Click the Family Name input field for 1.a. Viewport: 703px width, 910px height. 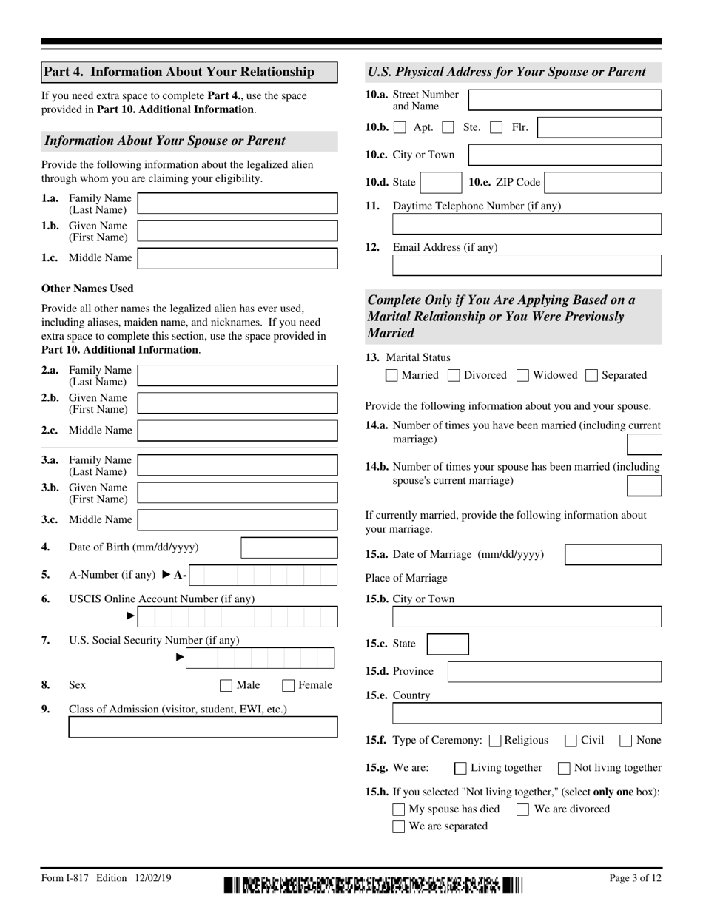pyautogui.click(x=238, y=203)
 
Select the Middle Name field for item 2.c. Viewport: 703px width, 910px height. pyautogui.click(x=238, y=431)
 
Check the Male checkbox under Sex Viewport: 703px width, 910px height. pyautogui.click(x=226, y=686)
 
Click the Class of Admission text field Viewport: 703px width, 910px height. pyautogui.click(x=203, y=727)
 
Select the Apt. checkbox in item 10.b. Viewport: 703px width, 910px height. pyautogui.click(x=400, y=128)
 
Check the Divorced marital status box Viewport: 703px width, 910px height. pyautogui.click(x=455, y=376)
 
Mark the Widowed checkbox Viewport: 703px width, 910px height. pyautogui.click(x=523, y=376)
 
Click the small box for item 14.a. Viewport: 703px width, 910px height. pyautogui.click(x=644, y=444)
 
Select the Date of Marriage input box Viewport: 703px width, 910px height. pyautogui.click(x=613, y=555)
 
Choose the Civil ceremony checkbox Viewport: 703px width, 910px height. pyautogui.click(x=571, y=741)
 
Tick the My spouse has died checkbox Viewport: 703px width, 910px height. pyautogui.click(x=399, y=809)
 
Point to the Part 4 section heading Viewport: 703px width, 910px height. pyautogui.click(x=189, y=72)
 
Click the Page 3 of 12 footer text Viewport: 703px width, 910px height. pyautogui.click(x=635, y=878)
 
